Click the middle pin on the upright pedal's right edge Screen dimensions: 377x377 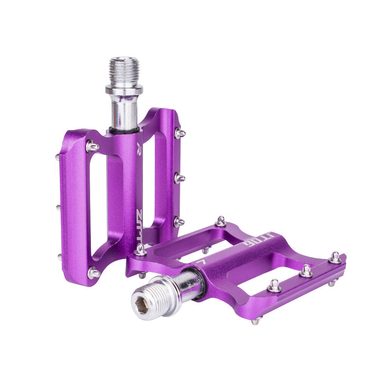(x=179, y=178)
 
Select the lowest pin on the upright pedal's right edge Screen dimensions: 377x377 (x=179, y=222)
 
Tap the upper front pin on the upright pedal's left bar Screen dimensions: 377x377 (x=92, y=146)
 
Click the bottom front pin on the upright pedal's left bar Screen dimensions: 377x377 (x=93, y=272)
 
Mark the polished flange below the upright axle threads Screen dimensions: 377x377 (x=124, y=90)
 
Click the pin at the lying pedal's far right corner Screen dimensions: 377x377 (x=335, y=258)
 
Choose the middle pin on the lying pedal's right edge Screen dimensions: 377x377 (x=306, y=271)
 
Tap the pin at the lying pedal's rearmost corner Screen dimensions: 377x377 (x=221, y=221)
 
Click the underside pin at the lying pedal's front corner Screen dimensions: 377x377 (x=257, y=320)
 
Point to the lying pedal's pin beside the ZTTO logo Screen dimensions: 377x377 (x=141, y=250)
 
